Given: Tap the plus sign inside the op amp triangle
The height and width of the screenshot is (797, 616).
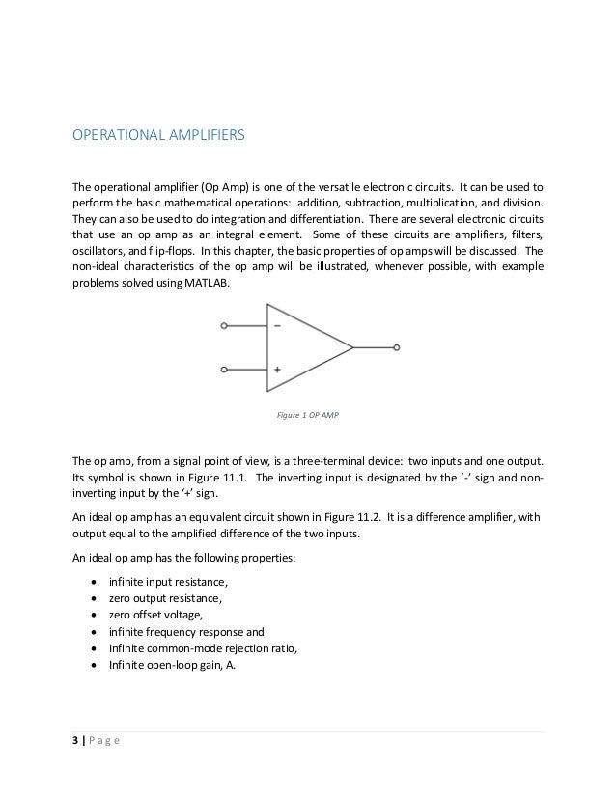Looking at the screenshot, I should coord(277,369).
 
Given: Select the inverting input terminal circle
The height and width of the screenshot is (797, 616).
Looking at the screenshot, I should coord(224,326).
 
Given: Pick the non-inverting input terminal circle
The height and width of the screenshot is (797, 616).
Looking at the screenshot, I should coord(224,369).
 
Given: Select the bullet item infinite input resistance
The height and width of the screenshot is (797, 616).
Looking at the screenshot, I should coord(164,579).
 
